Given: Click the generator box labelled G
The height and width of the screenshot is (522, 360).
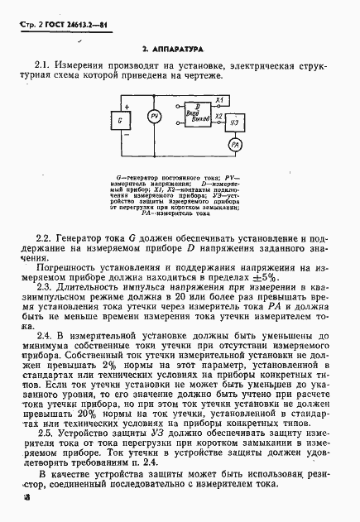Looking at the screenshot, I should (x=121, y=120).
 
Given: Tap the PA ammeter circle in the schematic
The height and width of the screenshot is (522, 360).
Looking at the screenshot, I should (x=235, y=146).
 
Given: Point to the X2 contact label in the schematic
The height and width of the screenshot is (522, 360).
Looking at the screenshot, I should (x=218, y=117).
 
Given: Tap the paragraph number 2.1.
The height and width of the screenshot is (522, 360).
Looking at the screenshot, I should (x=43, y=65).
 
